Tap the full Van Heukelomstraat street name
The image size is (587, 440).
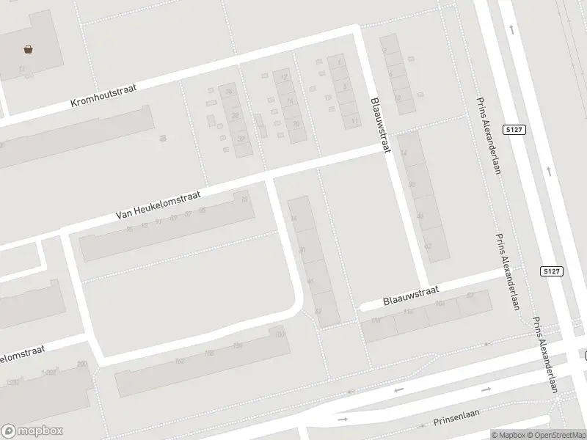pos(158,205)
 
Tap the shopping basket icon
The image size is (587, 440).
pos(28,49)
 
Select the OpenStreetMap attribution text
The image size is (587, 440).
pos(554,435)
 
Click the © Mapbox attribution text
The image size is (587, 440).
pos(506,435)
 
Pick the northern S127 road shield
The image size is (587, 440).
pos(514,129)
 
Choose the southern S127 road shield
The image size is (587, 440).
pos(553,271)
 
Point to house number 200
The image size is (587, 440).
pos(81,364)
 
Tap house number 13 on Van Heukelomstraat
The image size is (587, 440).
pos(244,199)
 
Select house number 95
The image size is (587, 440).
pos(129,229)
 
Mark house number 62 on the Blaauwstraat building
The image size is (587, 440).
pos(428,247)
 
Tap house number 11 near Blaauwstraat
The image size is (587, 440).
pos(355,120)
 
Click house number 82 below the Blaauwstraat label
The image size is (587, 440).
pos(470,295)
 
